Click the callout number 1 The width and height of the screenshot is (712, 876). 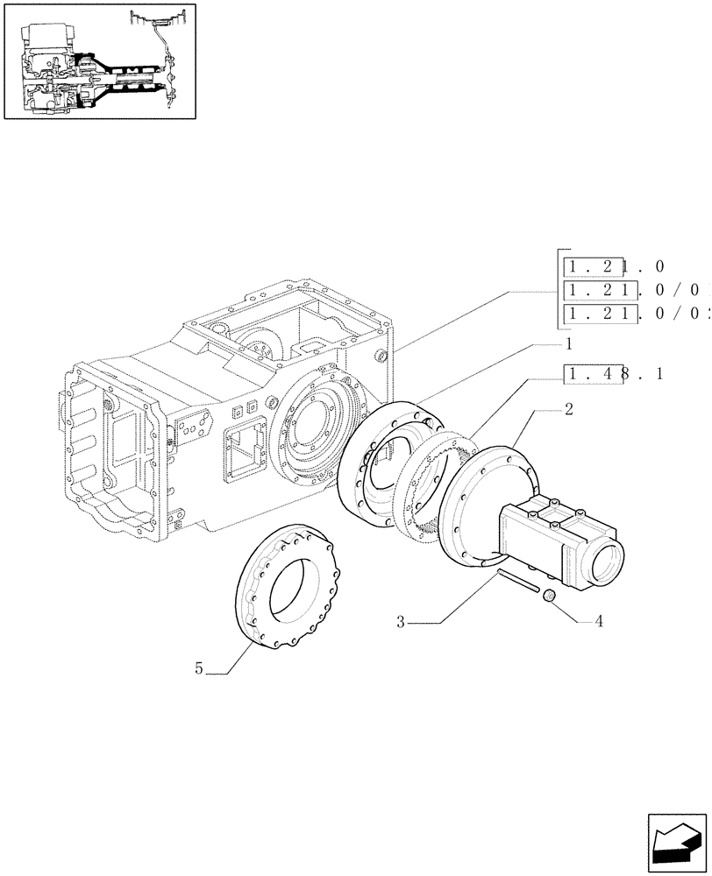pos(568,344)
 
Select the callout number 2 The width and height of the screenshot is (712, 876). pos(569,409)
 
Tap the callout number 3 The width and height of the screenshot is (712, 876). pos(401,623)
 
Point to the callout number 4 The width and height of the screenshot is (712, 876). pos(599,623)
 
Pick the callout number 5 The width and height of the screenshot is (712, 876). pos(199,668)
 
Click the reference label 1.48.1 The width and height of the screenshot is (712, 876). pos(615,374)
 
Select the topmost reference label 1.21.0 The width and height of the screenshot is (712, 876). pos(615,266)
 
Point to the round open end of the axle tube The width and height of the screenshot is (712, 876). pos(606,562)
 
